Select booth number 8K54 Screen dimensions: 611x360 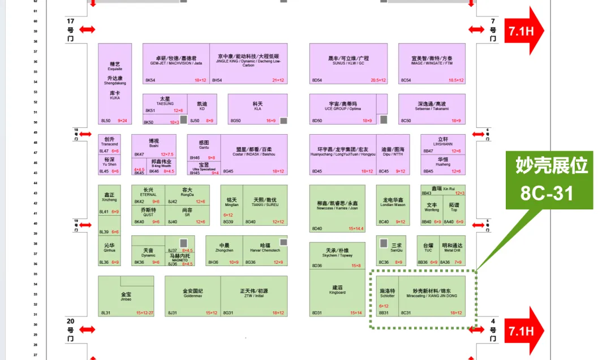click(150, 80)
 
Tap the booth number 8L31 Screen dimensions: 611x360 click(105, 312)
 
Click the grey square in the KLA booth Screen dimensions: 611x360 click(283, 121)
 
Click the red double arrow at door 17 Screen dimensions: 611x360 click(87, 29)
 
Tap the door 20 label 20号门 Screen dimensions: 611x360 click(71, 329)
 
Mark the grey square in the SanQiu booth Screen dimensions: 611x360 click(384, 243)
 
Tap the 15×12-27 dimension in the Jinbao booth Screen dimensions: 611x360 click(144, 312)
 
